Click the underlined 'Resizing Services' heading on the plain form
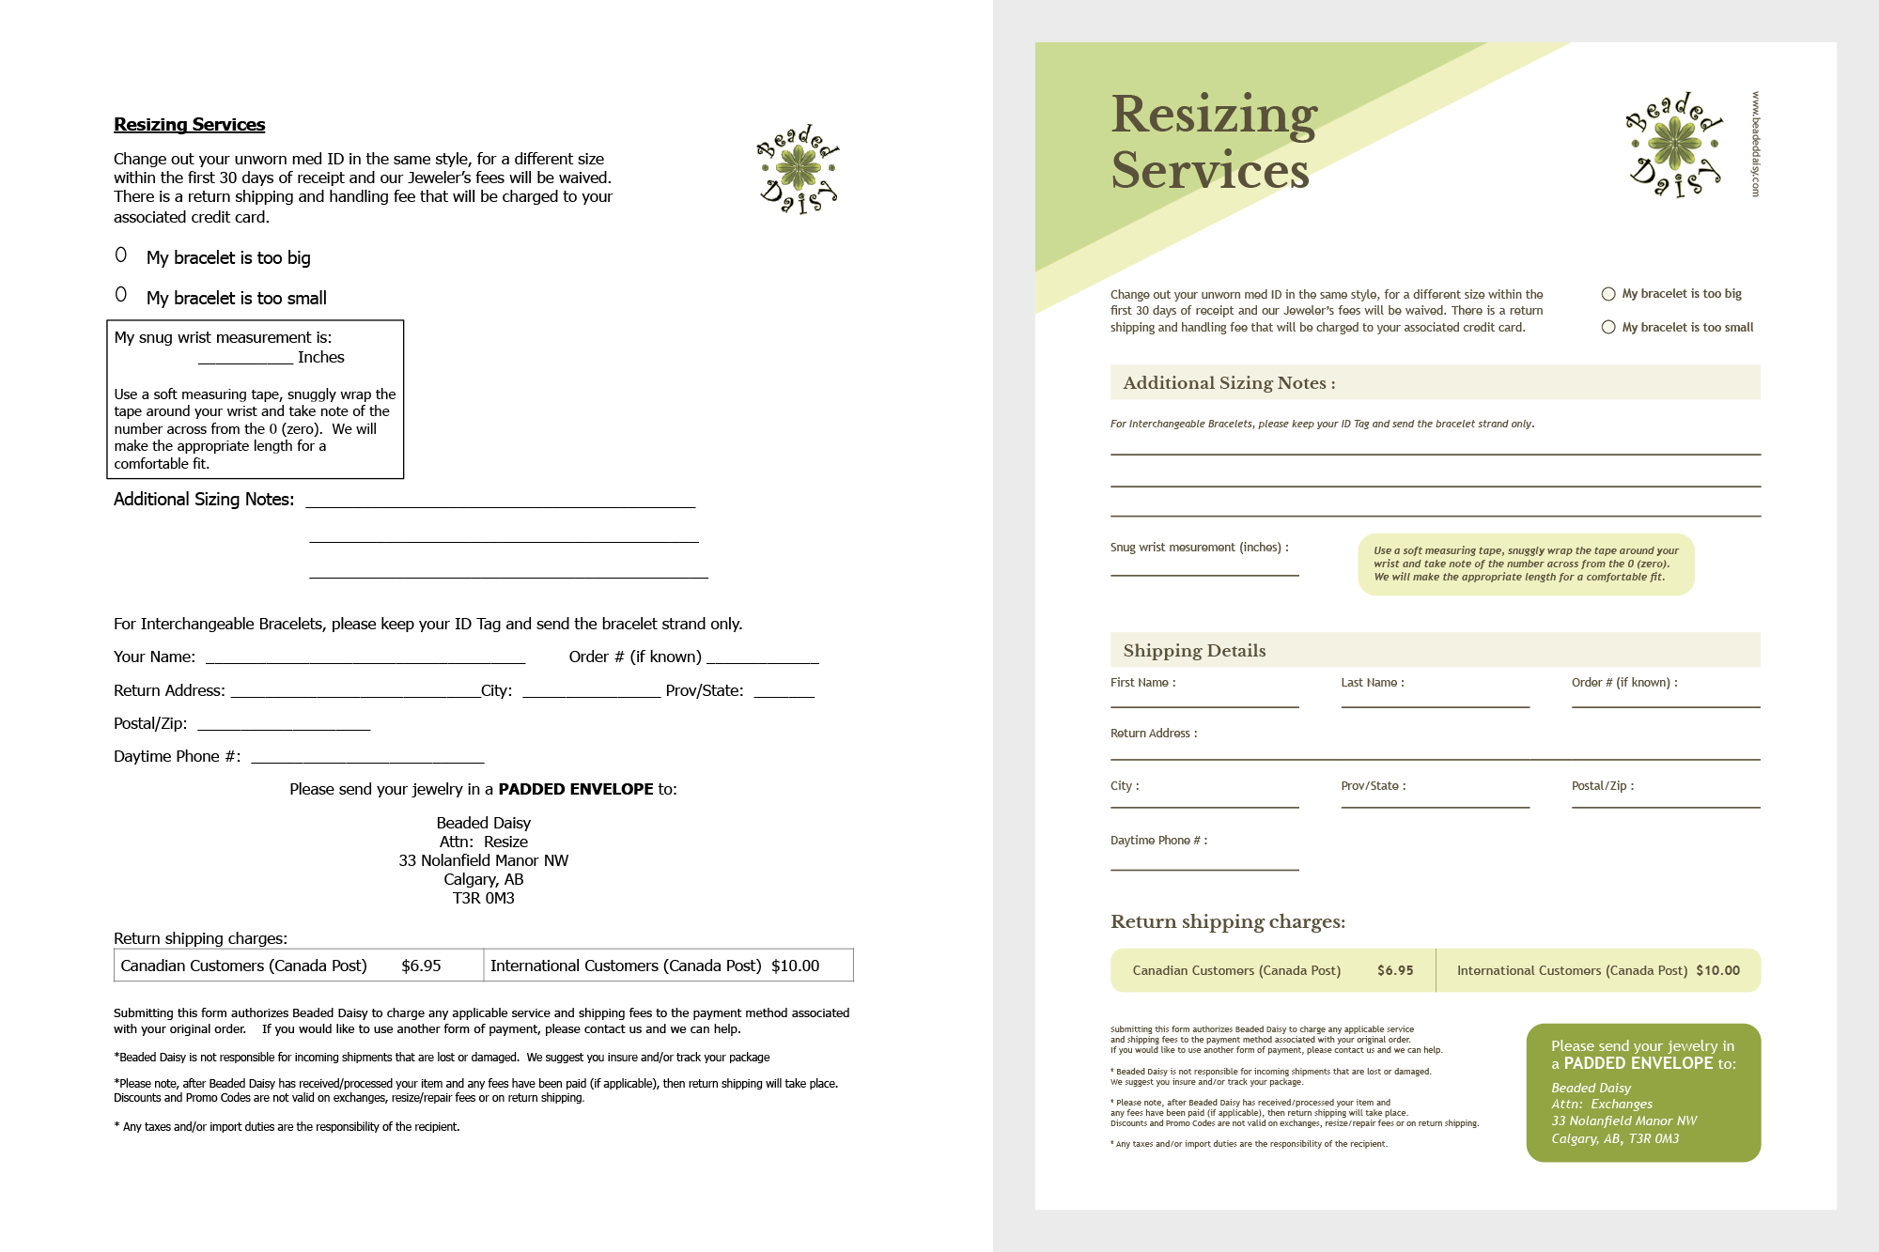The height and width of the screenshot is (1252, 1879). click(189, 125)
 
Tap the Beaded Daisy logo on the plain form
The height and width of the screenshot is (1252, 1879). click(799, 169)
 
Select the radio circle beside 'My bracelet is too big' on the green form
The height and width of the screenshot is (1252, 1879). click(1608, 294)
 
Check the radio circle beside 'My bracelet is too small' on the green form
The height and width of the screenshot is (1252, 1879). click(1608, 327)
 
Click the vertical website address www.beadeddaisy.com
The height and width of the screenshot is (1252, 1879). click(1755, 144)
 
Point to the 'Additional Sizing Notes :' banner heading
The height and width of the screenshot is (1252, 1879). click(1229, 383)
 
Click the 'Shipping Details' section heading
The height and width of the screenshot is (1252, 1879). click(1194, 651)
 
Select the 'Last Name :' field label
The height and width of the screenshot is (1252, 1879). click(1372, 683)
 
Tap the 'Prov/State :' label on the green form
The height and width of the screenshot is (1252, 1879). click(1373, 786)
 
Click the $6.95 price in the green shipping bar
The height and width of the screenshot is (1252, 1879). click(1395, 970)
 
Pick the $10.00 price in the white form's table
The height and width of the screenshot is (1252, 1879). click(795, 966)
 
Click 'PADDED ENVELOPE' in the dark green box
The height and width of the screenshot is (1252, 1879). click(1638, 1063)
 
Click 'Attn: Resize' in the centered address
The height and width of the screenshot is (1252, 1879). click(483, 842)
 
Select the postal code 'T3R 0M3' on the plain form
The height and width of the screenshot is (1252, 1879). click(483, 898)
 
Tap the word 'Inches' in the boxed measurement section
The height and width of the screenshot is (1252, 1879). click(320, 357)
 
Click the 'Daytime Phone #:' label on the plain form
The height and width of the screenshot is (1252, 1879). click(177, 756)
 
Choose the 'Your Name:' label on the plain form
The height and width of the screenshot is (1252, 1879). click(154, 657)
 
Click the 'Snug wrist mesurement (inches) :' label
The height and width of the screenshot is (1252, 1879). click(1199, 548)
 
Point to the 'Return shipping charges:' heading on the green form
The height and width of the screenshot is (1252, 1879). click(1227, 921)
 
